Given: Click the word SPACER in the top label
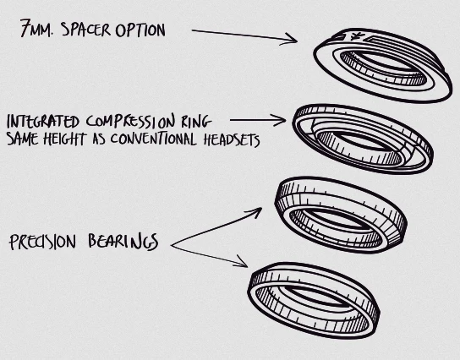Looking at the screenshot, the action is click(86, 30).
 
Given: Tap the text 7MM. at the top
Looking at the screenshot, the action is click(37, 28).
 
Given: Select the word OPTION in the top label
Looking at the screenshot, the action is click(140, 30).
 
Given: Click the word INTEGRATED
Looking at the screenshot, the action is click(43, 122).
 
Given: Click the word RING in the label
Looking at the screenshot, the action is click(196, 122).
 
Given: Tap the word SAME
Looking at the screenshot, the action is click(22, 139).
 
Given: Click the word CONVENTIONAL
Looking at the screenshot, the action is click(153, 139).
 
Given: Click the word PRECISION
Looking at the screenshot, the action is click(43, 242).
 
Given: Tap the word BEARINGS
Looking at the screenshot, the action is click(123, 242).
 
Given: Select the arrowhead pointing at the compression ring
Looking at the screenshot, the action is click(281, 120).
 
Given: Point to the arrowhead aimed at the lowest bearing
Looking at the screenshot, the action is click(243, 263).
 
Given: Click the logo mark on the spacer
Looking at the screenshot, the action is click(358, 37).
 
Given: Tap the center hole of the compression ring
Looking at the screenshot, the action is click(360, 142).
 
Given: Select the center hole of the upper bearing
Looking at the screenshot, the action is click(337, 218).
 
